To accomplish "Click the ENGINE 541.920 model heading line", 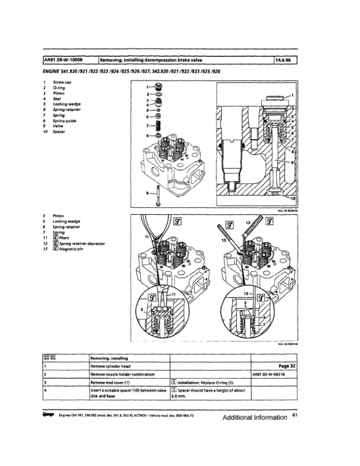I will tap(132, 71).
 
